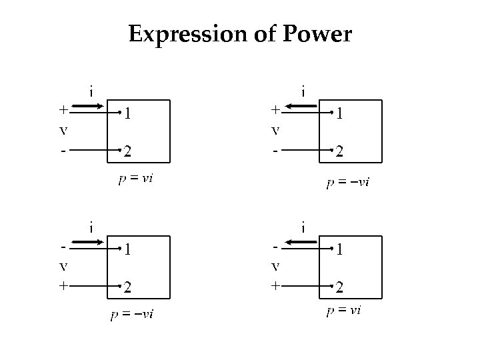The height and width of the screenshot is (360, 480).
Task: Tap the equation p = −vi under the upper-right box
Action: [348, 181]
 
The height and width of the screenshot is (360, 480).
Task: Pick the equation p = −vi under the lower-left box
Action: [131, 314]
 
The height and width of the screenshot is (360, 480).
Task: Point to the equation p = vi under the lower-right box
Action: [343, 310]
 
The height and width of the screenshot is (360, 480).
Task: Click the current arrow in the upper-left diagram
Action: [86, 106]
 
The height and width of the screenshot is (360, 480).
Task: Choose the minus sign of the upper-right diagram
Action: [275, 151]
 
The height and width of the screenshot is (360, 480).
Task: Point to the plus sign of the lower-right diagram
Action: [275, 285]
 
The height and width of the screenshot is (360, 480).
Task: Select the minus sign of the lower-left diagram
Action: [63, 245]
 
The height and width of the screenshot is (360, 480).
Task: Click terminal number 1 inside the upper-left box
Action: [126, 114]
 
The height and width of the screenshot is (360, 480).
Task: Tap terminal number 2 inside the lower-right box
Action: [339, 288]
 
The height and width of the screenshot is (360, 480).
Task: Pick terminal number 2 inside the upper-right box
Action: [339, 152]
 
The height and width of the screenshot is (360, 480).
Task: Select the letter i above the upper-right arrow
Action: [303, 89]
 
